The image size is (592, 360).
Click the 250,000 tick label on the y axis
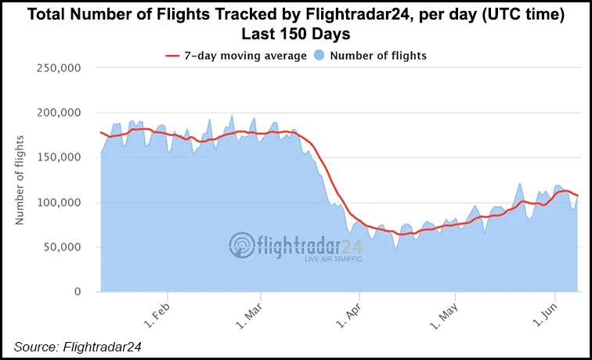coord(60,67)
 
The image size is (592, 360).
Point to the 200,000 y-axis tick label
coord(60,112)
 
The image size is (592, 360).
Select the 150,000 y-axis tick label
coord(60,157)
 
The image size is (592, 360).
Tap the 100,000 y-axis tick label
coord(60,202)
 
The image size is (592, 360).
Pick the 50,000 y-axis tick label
coord(63,247)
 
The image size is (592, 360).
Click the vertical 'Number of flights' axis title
coord(20,180)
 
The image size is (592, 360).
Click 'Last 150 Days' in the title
coord(296,34)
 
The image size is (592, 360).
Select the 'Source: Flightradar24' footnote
coord(76,346)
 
